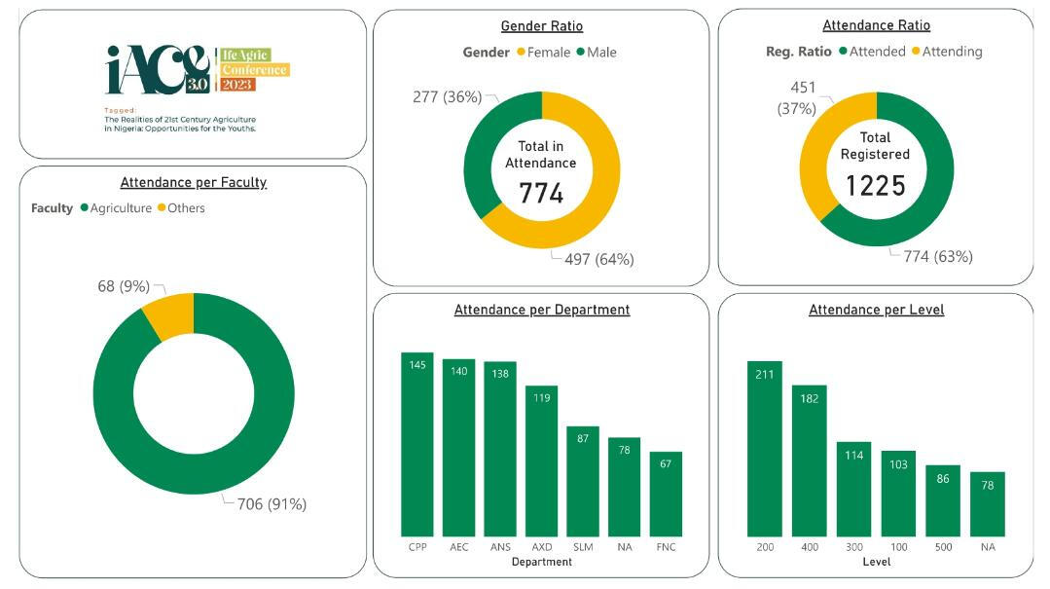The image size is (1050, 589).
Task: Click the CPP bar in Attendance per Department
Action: pyautogui.click(x=417, y=443)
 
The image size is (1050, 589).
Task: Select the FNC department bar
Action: pyautogui.click(x=666, y=493)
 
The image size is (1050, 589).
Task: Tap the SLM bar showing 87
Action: pyautogui.click(x=583, y=480)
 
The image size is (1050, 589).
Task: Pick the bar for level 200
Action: pyautogui.click(x=764, y=448)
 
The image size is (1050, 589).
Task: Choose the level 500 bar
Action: pyautogui.click(x=943, y=499)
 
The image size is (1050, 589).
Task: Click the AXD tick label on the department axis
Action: pyautogui.click(x=541, y=547)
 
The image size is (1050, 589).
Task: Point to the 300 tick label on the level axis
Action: pyautogui.click(x=853, y=547)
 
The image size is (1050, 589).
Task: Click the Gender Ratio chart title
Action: pyautogui.click(x=541, y=26)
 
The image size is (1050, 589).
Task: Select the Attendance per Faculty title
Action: pyautogui.click(x=193, y=182)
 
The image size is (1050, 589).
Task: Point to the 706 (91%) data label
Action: pyautogui.click(x=272, y=503)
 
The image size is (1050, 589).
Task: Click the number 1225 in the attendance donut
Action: pyautogui.click(x=875, y=185)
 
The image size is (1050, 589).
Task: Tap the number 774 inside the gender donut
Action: pyautogui.click(x=541, y=193)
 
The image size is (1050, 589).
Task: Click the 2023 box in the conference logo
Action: pyautogui.click(x=236, y=85)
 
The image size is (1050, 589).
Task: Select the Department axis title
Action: pyautogui.click(x=541, y=562)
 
